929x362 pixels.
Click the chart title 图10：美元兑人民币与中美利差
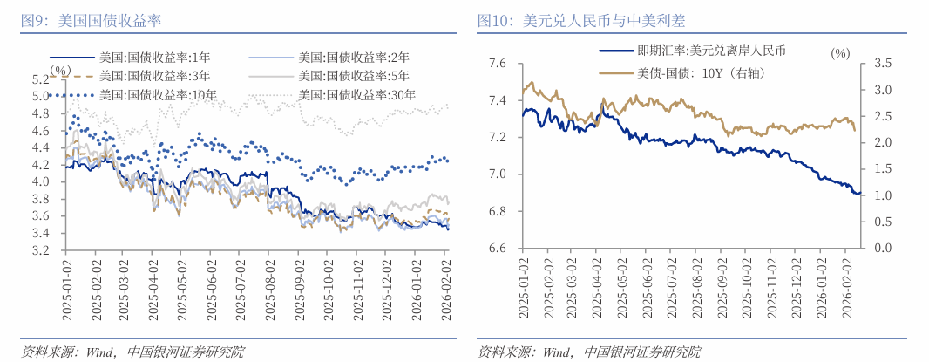pyautogui.click(x=580, y=20)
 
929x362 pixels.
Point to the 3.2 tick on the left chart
pyautogui.click(x=40, y=250)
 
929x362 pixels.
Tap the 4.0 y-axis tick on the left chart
pyautogui.click(x=40, y=181)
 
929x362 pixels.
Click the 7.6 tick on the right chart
pyautogui.click(x=498, y=63)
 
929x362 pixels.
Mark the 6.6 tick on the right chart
pyautogui.click(x=498, y=249)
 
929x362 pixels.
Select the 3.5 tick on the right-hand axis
pyautogui.click(x=882, y=63)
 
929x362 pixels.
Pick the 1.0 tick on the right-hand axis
pyautogui.click(x=882, y=195)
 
